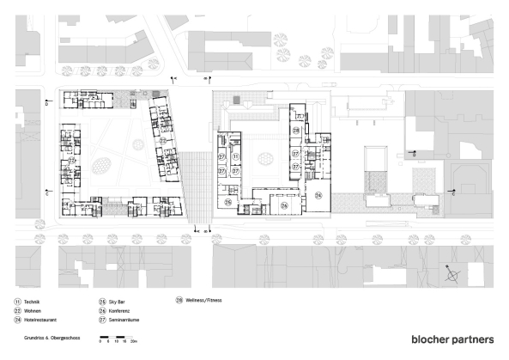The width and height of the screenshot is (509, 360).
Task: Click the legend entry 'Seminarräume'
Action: click(125, 319)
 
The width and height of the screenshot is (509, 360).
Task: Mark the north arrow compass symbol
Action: click(452, 275)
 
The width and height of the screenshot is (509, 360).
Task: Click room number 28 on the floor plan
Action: click(295, 130)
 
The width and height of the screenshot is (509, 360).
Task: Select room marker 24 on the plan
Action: click(318, 196)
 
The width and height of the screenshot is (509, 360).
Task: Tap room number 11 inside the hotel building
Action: click(237, 133)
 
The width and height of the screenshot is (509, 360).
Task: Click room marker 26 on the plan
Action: click(285, 205)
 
